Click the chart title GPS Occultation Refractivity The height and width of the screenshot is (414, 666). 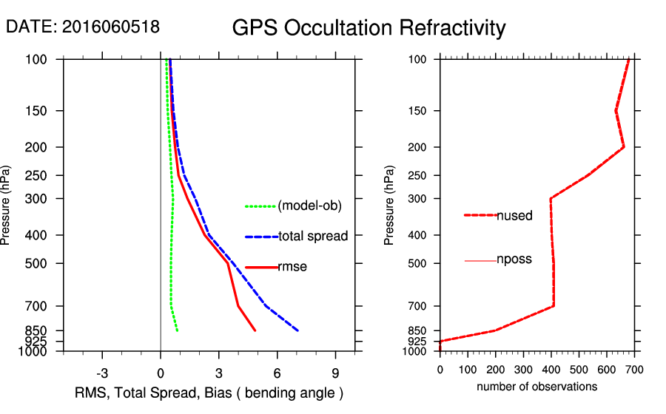369,28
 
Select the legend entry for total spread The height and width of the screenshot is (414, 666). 313,237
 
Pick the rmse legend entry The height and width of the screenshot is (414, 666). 292,267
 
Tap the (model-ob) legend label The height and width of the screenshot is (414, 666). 309,206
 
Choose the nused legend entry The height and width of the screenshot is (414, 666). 514,216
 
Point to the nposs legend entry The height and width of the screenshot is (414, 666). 514,260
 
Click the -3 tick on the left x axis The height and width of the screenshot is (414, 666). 102,373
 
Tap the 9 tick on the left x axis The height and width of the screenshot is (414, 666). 335,373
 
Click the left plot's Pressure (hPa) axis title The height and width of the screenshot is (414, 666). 7,205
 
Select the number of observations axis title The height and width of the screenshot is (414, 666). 536,387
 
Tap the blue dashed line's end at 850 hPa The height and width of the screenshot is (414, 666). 297,330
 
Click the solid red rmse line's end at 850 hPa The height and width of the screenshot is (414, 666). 255,330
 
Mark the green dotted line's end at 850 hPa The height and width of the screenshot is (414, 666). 178,330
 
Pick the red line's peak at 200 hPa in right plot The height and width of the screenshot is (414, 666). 624,146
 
